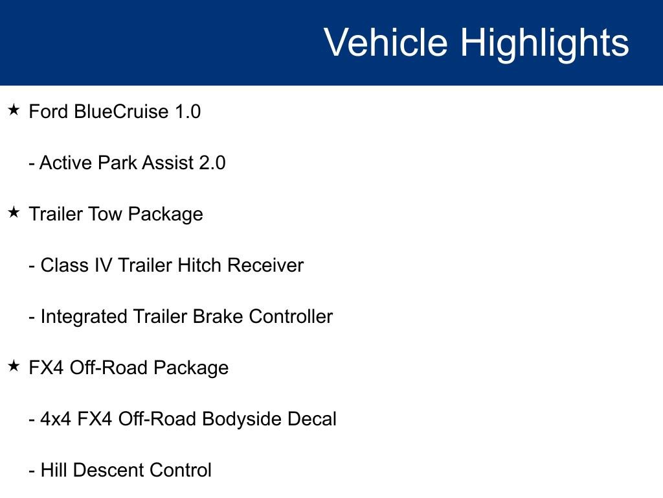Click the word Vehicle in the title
point(385,43)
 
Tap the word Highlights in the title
point(545,43)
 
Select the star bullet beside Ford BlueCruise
point(14,110)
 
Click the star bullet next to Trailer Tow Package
point(14,213)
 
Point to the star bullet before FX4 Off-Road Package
point(14,366)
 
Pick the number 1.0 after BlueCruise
point(188,112)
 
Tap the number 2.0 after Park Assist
point(212,163)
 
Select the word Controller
point(291,316)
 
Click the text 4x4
point(56,419)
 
